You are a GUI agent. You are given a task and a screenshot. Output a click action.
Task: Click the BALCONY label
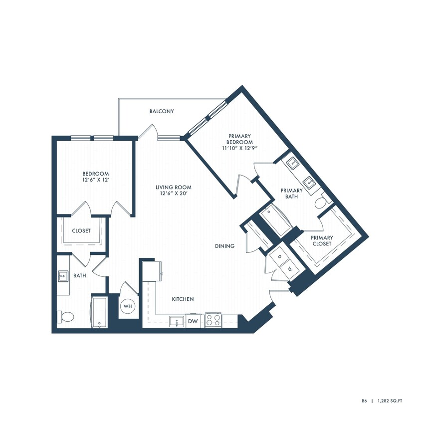tap(162, 111)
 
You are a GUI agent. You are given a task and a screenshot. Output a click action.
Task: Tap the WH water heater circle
tap(127, 305)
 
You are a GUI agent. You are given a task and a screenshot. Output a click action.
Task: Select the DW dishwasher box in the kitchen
tap(192, 322)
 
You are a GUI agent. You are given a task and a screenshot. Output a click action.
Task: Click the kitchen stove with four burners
tap(214, 320)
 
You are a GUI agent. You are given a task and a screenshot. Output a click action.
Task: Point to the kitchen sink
tap(176, 322)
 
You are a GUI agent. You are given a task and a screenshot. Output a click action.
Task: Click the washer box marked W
tap(289, 269)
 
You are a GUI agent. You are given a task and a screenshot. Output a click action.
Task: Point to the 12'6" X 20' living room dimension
tap(173, 194)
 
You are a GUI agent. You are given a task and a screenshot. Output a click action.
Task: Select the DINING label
tap(224, 246)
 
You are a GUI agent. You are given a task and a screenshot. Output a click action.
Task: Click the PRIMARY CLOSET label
tap(322, 240)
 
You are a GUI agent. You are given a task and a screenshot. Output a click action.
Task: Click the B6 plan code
tap(365, 400)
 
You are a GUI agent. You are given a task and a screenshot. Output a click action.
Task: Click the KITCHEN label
tap(183, 299)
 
